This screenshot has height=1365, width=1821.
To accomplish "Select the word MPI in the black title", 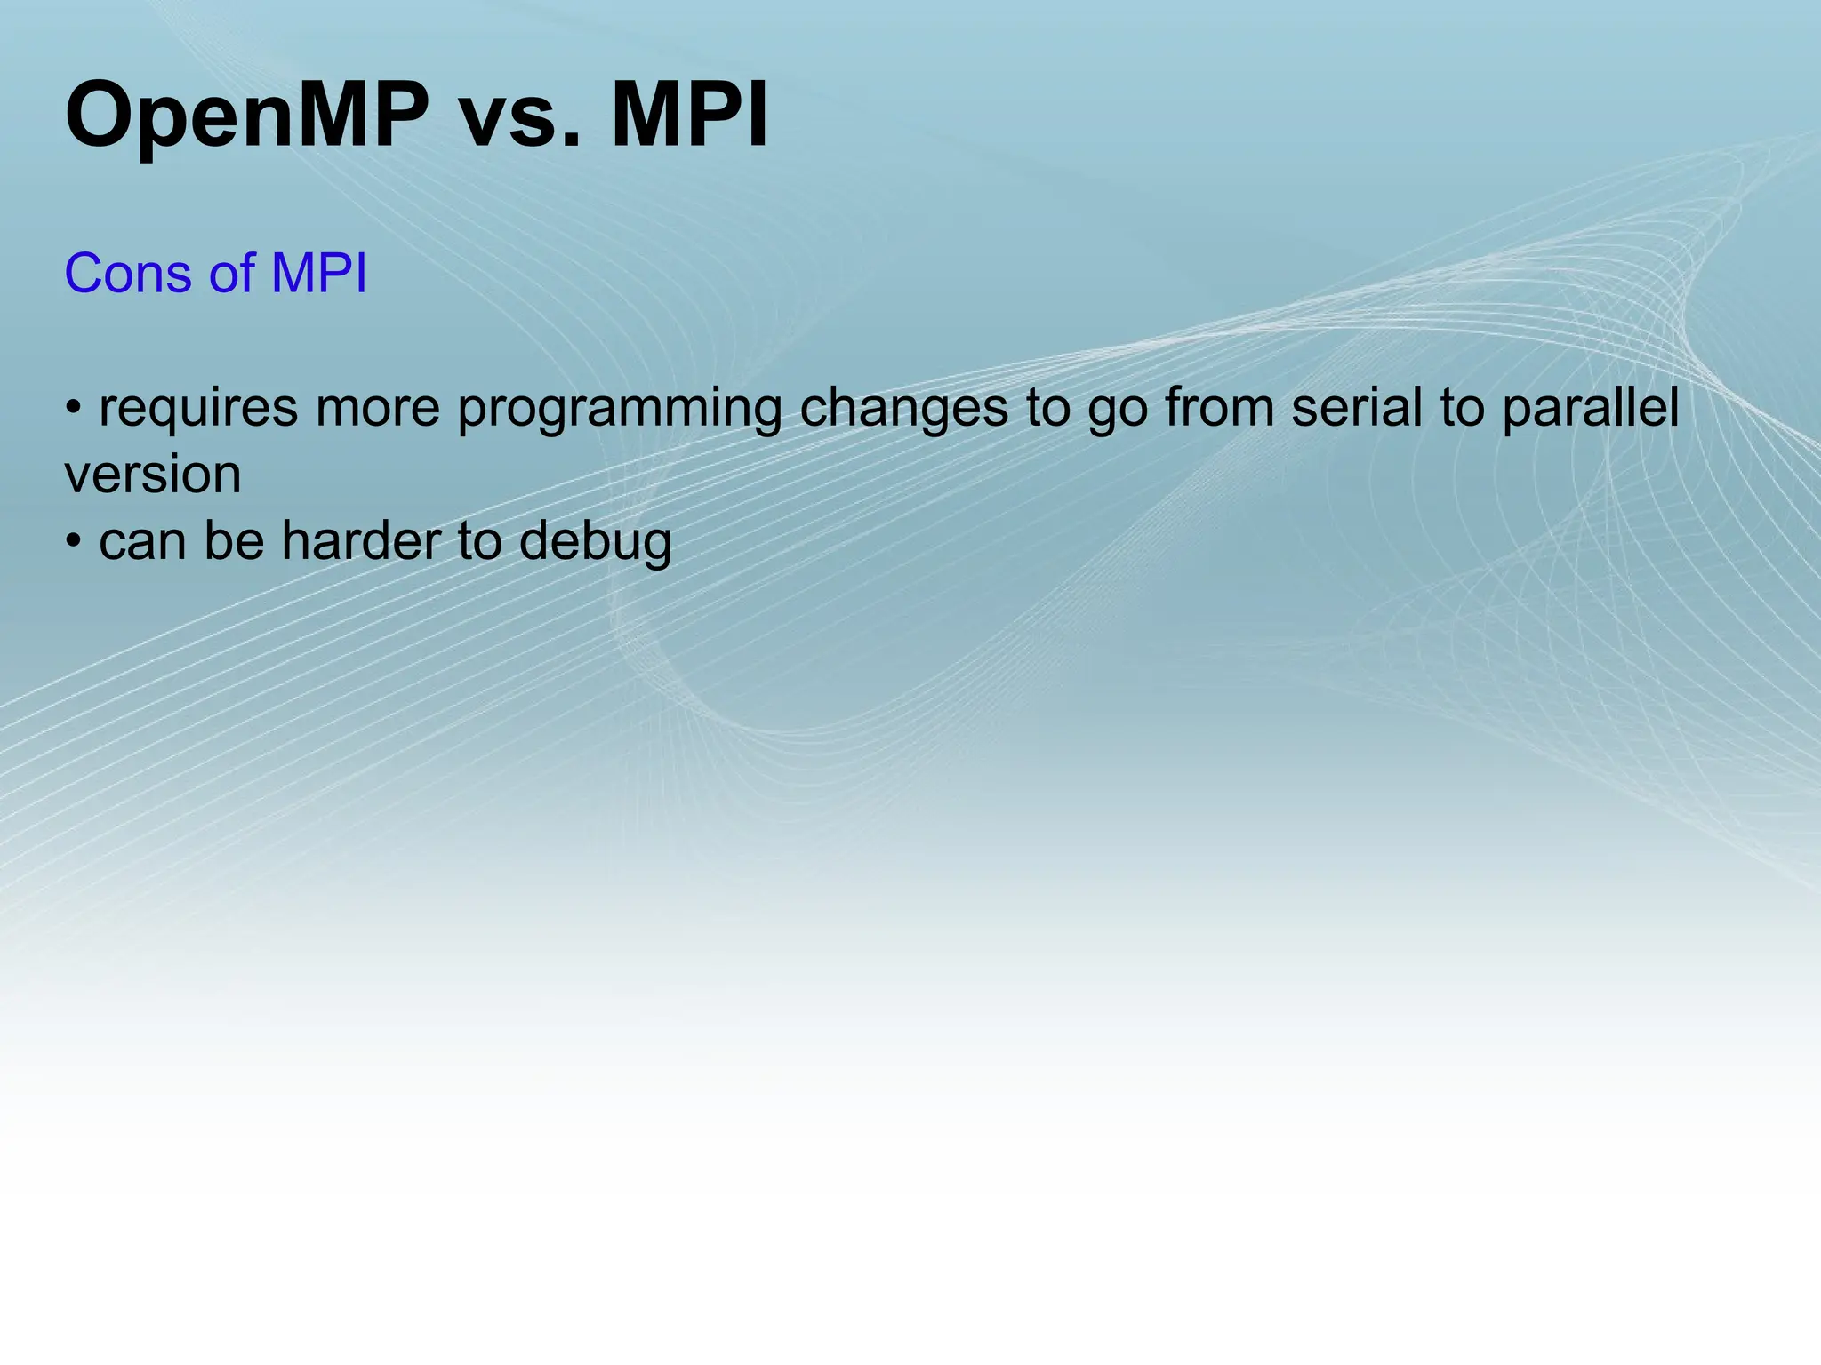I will [x=689, y=116].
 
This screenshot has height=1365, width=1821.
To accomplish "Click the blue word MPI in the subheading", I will [x=318, y=273].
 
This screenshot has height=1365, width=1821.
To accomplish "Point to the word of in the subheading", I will [x=231, y=273].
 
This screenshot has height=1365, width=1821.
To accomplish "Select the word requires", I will [x=197, y=408].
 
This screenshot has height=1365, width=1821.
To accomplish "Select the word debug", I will [x=595, y=542].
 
